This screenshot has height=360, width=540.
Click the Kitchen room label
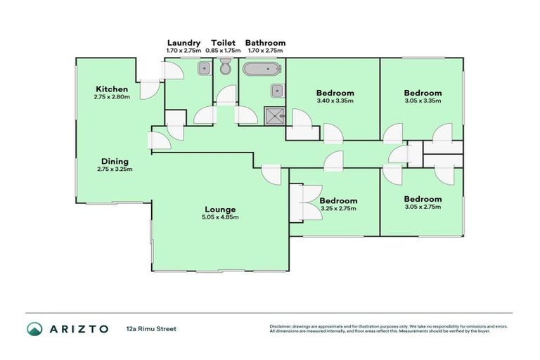tap(112, 89)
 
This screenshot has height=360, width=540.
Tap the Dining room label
tap(115, 161)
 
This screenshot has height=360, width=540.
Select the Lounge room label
tap(220, 209)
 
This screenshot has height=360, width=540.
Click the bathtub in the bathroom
tap(262, 69)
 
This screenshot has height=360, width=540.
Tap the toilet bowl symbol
tap(225, 68)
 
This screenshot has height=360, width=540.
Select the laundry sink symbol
tap(202, 68)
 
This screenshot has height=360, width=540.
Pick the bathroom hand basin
tap(278, 90)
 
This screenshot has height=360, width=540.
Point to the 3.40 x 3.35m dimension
tap(335, 101)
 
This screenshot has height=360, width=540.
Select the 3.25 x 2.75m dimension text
tap(337, 209)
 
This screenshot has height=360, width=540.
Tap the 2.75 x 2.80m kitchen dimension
tap(112, 97)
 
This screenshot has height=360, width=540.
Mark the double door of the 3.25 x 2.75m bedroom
tap(305, 202)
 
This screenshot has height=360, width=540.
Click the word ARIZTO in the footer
tap(79, 328)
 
